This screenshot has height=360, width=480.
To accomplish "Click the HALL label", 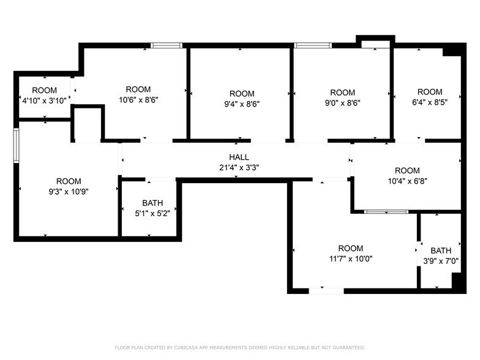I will tap(239, 157).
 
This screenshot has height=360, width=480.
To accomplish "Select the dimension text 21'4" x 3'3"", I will tap(239, 167).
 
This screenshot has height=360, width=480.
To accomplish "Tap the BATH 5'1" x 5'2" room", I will tap(152, 208).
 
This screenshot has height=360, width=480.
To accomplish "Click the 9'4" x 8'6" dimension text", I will tap(242, 103).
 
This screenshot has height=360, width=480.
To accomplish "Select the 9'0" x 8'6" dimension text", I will tap(342, 103).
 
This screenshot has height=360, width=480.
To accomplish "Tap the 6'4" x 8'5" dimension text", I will tap(429, 102).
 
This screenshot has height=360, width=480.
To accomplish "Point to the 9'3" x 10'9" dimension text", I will tap(69, 191).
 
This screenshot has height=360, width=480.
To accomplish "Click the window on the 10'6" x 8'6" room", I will tap(167, 45).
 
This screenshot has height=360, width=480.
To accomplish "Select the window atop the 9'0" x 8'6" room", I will tap(312, 45).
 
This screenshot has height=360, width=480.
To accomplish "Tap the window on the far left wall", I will tap(17, 144).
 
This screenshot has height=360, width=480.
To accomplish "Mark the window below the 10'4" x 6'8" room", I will tap(386, 212).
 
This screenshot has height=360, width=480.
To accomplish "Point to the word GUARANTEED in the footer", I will tap(348, 347).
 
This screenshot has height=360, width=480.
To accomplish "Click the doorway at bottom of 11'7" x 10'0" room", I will tap(326, 290).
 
